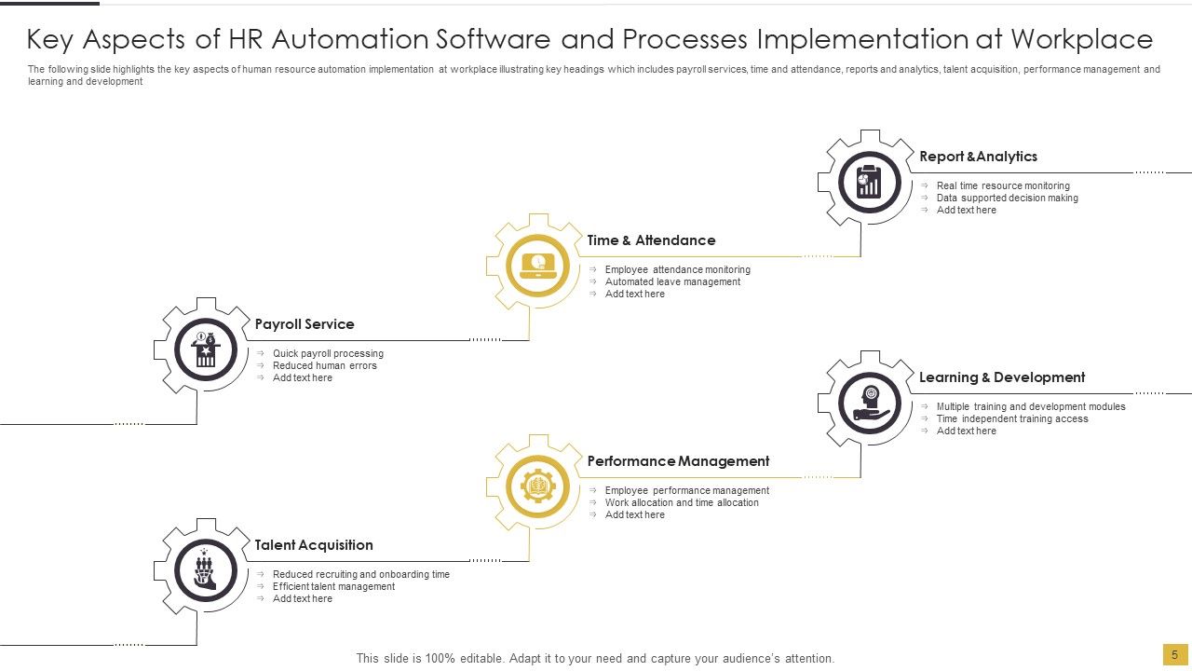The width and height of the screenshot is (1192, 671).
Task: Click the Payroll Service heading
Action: (x=305, y=324)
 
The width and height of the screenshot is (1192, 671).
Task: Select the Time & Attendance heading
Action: (x=651, y=240)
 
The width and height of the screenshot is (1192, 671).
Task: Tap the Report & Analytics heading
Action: (x=978, y=157)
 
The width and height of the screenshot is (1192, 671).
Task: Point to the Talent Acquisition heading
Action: (x=314, y=545)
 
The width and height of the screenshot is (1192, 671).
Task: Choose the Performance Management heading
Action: (x=678, y=461)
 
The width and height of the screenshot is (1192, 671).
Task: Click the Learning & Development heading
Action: (x=1002, y=377)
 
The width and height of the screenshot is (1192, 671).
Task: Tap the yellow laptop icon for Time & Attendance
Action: (x=538, y=266)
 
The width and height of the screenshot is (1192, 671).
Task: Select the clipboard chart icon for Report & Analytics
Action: (x=870, y=182)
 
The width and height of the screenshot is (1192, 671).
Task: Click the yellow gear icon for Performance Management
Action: (x=538, y=486)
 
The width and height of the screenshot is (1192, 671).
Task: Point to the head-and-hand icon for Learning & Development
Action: (x=870, y=403)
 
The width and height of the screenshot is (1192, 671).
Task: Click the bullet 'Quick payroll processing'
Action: (x=328, y=354)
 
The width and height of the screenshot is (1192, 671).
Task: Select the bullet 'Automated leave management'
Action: (x=672, y=282)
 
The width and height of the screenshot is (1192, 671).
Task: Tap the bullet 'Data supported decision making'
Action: (x=1007, y=199)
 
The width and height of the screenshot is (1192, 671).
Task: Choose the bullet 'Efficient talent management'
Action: (x=333, y=587)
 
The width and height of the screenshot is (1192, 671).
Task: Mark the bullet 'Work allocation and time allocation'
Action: (x=682, y=503)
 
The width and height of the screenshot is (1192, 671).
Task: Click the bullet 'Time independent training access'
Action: (x=1012, y=419)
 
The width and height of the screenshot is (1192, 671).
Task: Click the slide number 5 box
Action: (x=1174, y=655)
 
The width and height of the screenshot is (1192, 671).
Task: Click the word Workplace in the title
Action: (x=1081, y=40)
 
